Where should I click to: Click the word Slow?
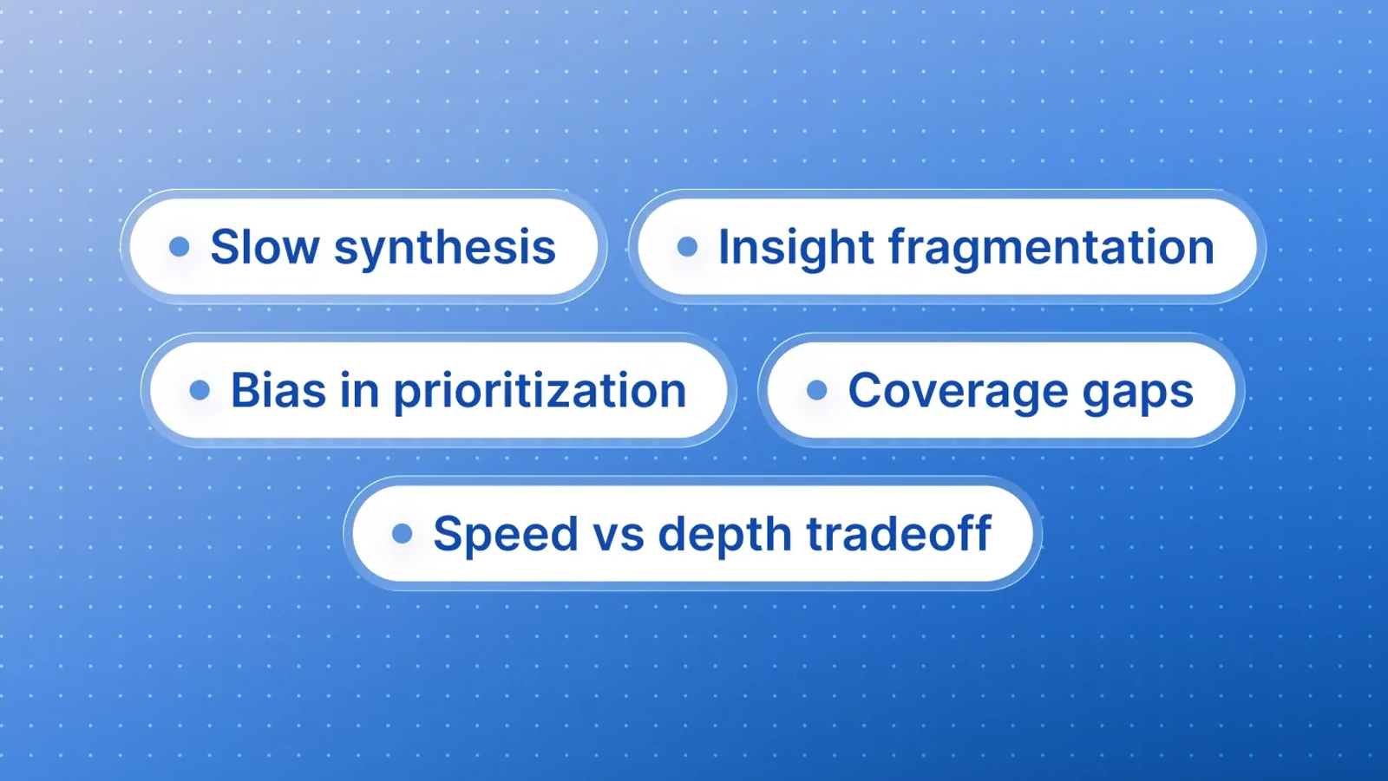(265, 246)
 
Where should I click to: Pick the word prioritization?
(540, 393)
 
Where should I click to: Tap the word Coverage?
(957, 391)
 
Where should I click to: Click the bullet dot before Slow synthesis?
(180, 246)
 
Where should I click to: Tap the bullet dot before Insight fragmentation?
(687, 246)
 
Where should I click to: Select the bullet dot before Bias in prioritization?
(200, 390)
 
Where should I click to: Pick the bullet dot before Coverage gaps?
(816, 390)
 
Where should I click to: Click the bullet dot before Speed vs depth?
(403, 533)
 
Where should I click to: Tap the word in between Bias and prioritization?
(360, 390)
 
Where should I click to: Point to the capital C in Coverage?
(867, 391)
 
